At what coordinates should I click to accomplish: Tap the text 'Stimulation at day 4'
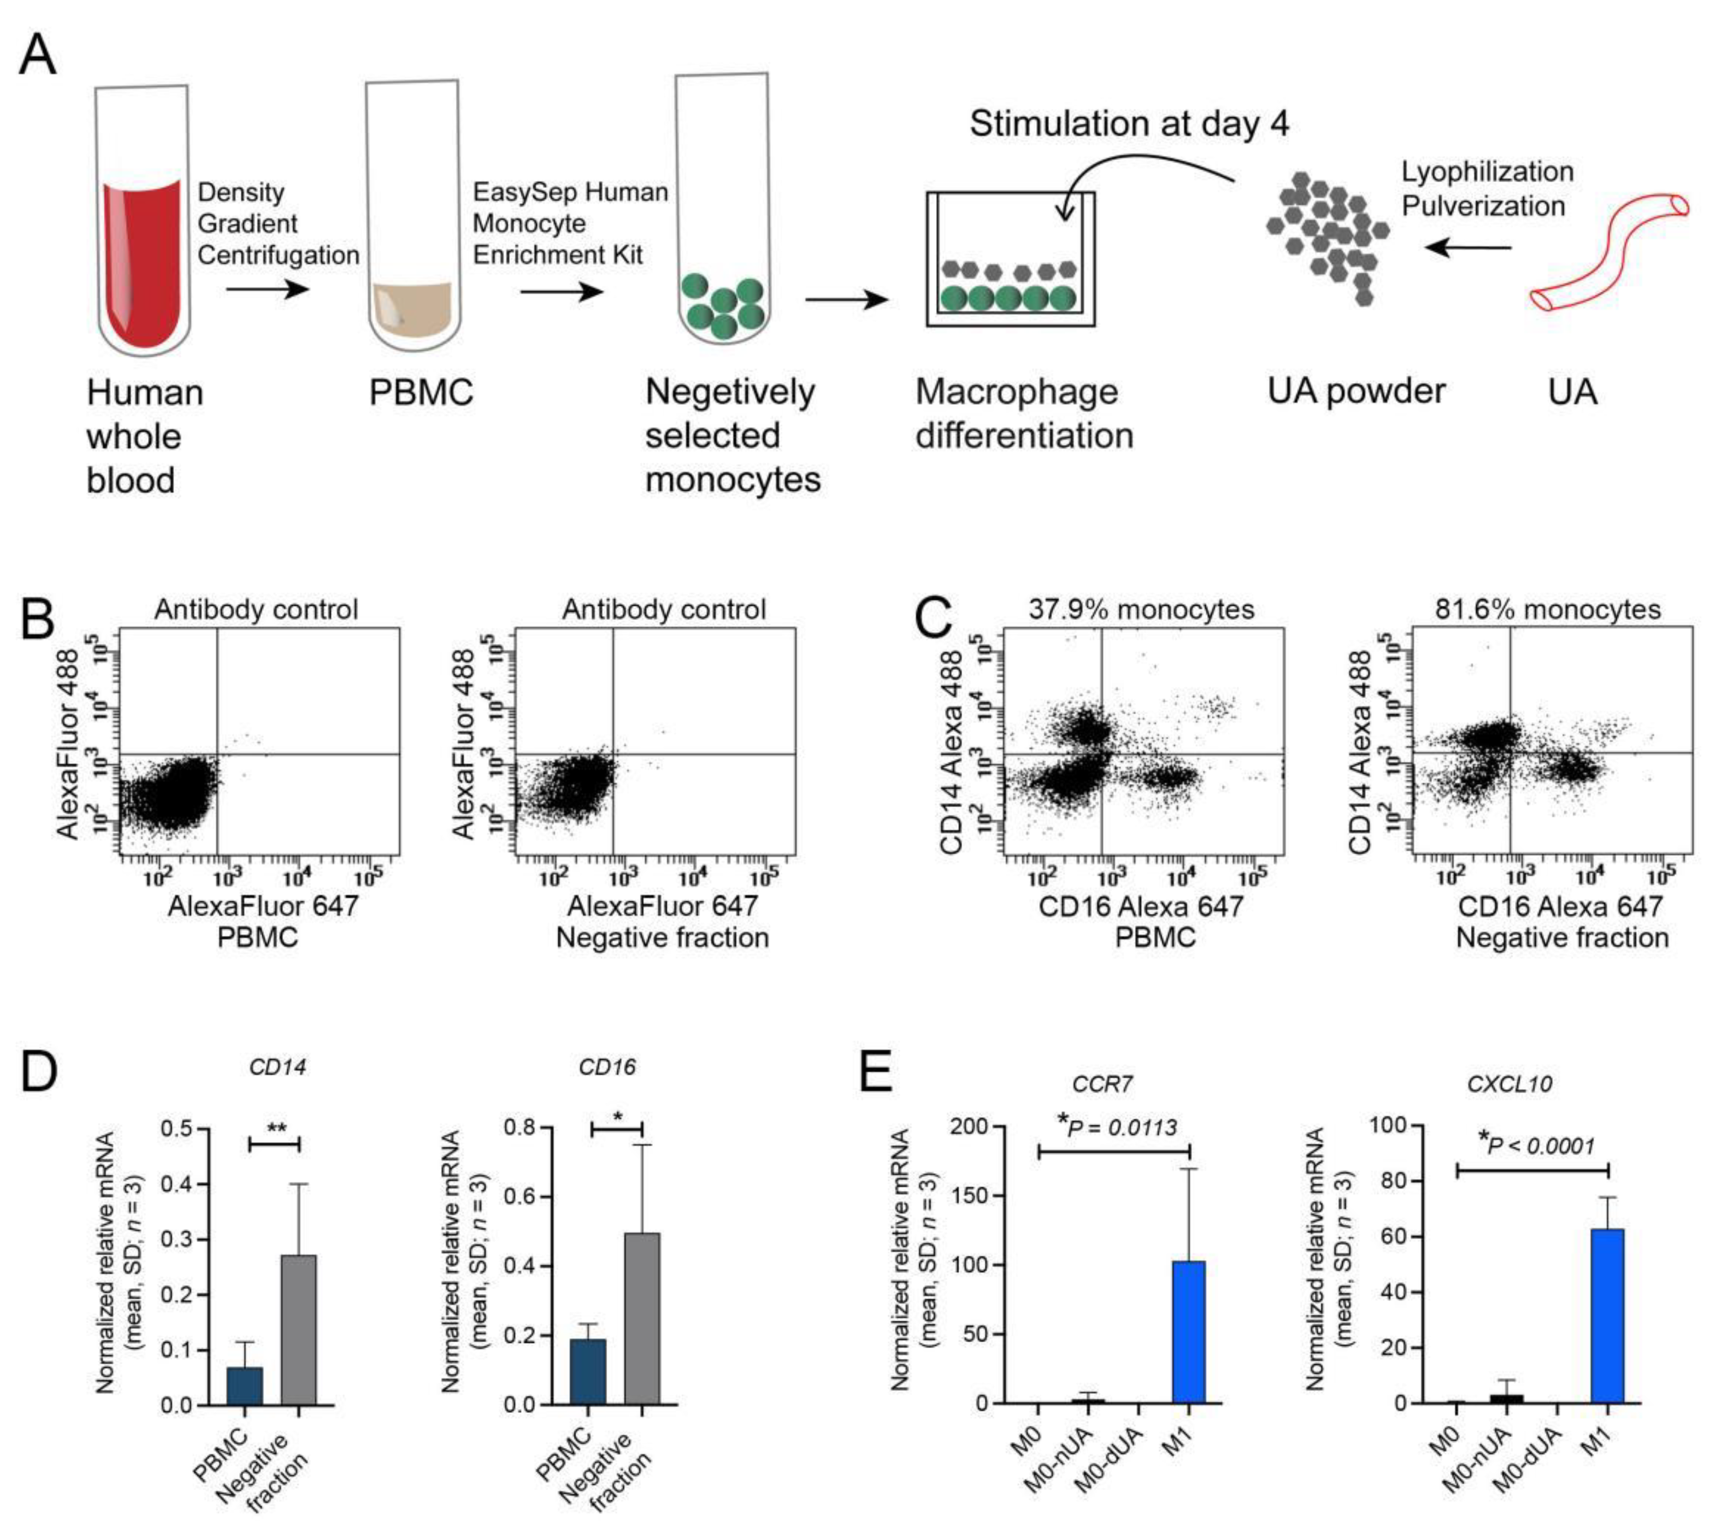click(1129, 124)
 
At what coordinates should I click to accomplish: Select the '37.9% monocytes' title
click(1141, 609)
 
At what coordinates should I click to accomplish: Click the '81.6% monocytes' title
click(1548, 609)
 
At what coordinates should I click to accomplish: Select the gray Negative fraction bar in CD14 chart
click(299, 1330)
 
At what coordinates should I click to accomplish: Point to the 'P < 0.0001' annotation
click(1541, 1145)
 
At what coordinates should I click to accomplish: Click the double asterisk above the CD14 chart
click(275, 1129)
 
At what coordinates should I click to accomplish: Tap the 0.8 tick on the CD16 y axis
click(522, 1128)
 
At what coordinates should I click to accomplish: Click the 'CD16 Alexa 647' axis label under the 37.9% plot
click(1141, 906)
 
